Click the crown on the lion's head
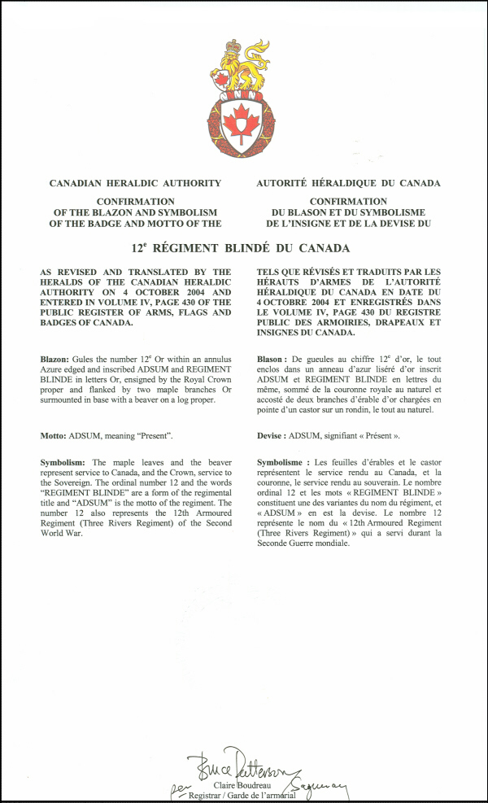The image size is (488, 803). pos(234,46)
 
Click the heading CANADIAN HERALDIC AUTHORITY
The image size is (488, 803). pos(135,184)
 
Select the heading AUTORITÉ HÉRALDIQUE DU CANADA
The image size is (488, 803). pos(348,184)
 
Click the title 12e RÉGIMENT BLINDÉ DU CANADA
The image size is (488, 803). pos(242,248)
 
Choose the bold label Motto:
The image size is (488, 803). pos(57,436)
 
